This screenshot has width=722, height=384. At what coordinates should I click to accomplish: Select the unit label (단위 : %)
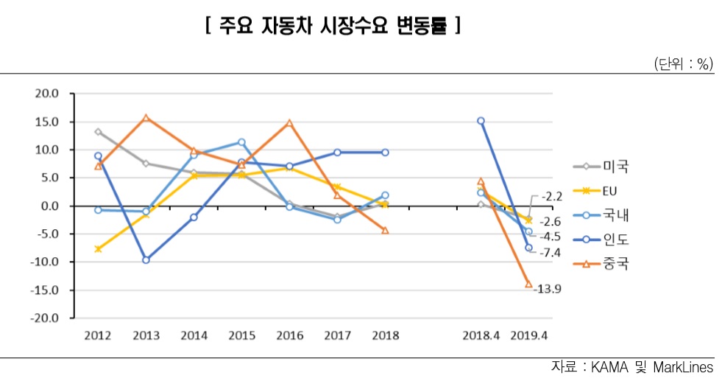pos(683,64)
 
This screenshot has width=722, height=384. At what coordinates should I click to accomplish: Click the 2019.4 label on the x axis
pos(528,335)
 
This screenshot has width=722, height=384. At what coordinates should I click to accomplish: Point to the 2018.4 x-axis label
pos(481,335)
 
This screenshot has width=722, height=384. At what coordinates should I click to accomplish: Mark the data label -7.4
pos(551,253)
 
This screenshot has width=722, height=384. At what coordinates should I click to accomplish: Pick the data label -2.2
pos(551,197)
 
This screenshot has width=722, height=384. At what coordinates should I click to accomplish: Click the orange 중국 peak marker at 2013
pos(146,118)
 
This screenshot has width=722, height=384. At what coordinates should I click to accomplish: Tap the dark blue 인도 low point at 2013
pos(146,260)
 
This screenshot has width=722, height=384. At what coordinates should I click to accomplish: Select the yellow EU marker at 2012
pos(98,249)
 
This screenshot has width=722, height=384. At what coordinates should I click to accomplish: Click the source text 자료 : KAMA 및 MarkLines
pos(631,367)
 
